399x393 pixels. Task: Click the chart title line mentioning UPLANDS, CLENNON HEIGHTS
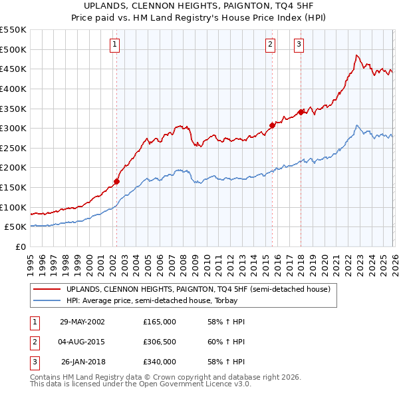tap(199, 5)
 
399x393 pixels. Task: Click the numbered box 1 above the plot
tap(114, 45)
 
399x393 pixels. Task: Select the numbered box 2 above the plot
tap(271, 45)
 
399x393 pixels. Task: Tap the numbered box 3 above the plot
tap(299, 45)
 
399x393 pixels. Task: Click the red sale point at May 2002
tap(117, 181)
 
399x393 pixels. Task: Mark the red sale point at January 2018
tap(301, 112)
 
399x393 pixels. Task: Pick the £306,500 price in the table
tap(160, 342)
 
